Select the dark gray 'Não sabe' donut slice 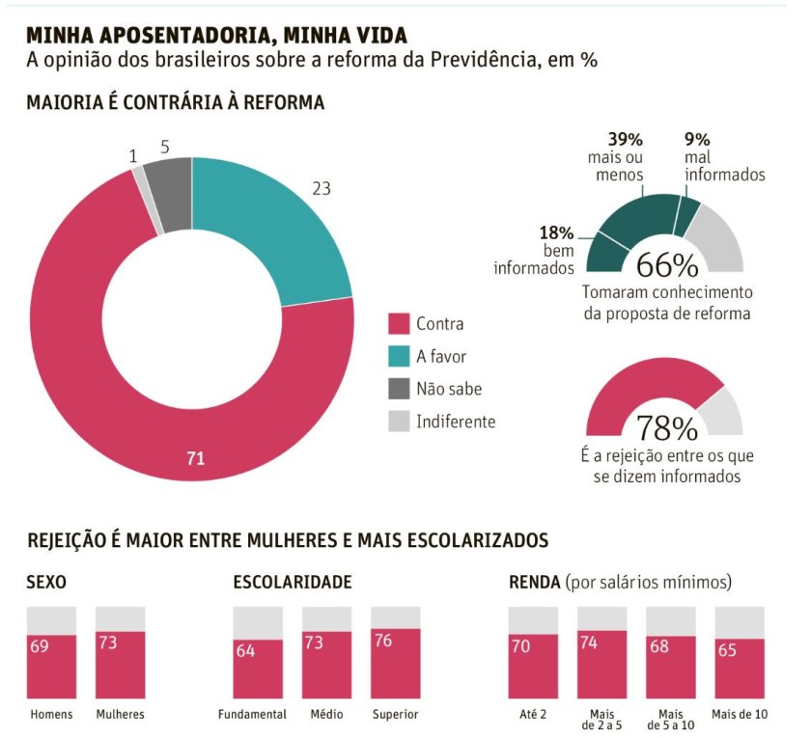tap(171, 193)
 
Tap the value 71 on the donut tap(195, 458)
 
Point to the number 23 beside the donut tap(322, 189)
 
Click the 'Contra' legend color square tap(398, 324)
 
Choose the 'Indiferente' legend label tap(456, 422)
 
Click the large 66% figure tap(666, 265)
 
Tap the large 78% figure tap(666, 427)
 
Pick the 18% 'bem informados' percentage tap(557, 232)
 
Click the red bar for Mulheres tap(120, 665)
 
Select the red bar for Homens tap(51, 667)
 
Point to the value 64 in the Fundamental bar tap(244, 650)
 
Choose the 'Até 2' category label tap(533, 715)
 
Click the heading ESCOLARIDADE tap(292, 582)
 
